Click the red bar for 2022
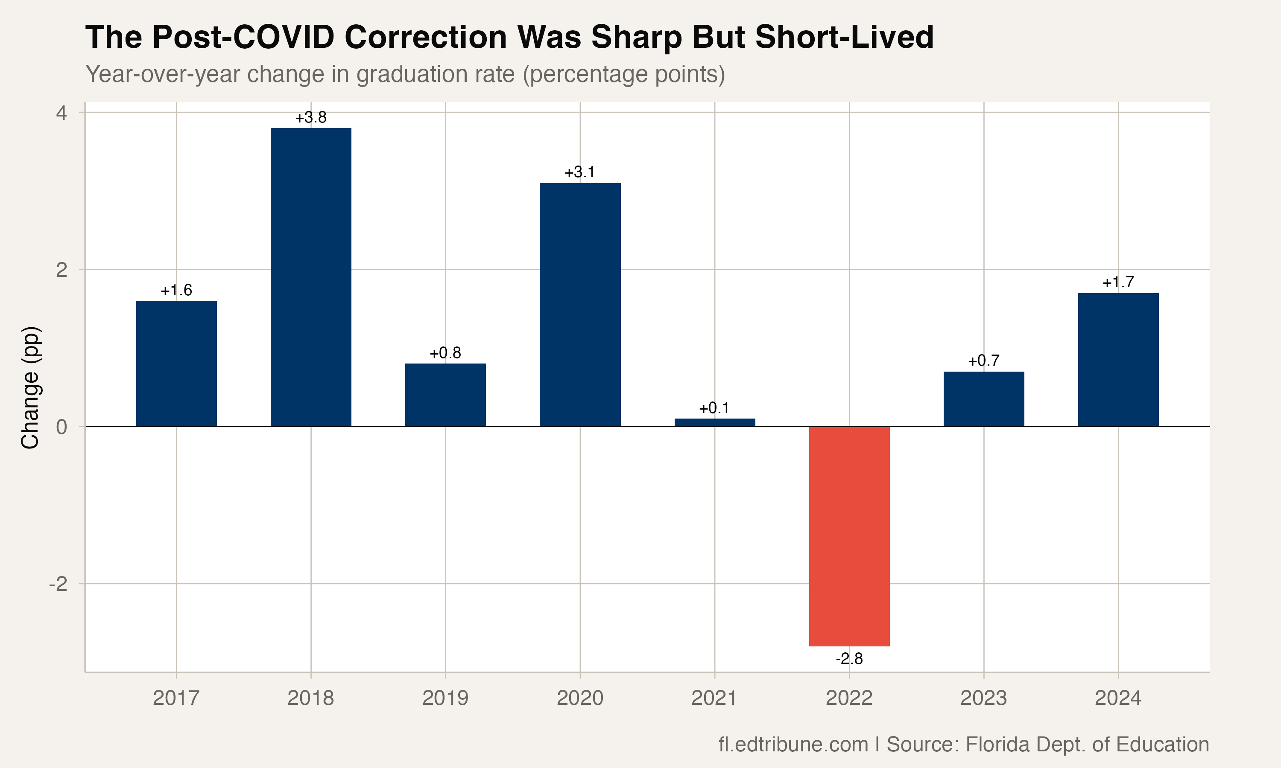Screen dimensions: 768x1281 click(849, 536)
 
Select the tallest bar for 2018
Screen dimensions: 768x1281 click(311, 277)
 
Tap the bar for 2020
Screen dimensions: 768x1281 click(580, 304)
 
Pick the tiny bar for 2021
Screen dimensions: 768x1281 click(714, 422)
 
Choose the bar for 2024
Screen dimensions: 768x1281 click(1118, 360)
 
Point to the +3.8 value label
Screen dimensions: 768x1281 click(311, 117)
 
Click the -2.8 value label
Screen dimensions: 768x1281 click(849, 659)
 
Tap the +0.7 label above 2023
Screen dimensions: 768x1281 click(984, 361)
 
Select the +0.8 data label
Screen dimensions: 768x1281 click(445, 353)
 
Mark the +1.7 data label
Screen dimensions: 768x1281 click(1118, 282)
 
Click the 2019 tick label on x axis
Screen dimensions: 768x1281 click(445, 698)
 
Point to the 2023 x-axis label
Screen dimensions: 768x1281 click(984, 698)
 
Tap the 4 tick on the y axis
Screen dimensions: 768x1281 click(61, 112)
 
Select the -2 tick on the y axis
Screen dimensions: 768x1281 click(58, 584)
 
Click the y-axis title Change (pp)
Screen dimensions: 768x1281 click(30, 387)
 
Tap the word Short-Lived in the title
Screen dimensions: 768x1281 click(844, 37)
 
